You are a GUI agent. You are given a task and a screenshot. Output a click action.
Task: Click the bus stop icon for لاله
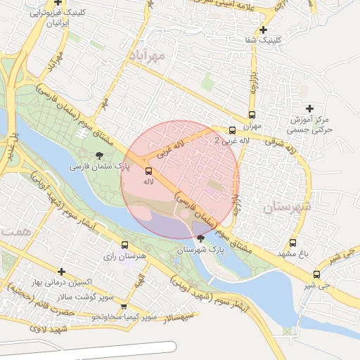coord(148,171)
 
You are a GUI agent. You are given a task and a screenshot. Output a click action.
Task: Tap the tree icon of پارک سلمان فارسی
coord(98,155)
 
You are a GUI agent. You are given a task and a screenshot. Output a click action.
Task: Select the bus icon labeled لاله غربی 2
coord(233,129)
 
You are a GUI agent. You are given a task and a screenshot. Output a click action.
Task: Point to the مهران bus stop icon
coord(252,115)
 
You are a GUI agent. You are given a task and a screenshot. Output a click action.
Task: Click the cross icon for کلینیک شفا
coord(264,30)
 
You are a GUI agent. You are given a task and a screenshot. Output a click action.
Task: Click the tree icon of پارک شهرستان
coord(201,238)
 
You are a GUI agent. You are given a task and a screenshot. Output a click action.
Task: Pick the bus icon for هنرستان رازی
coord(124,245)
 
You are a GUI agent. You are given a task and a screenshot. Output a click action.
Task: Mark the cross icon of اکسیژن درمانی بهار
coord(62,271)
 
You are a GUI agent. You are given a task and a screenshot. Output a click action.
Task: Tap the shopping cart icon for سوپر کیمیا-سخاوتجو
coord(124,307)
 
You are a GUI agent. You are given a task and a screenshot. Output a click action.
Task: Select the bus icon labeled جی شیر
coord(316,274)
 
